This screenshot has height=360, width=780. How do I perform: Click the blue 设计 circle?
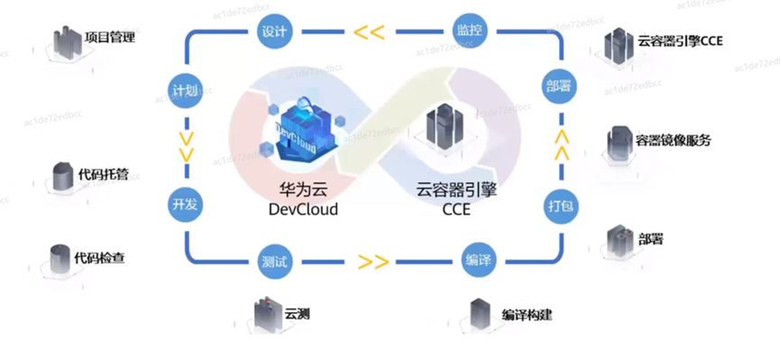pyautogui.click(x=274, y=32)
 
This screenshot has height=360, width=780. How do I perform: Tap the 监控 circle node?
pyautogui.click(x=470, y=32)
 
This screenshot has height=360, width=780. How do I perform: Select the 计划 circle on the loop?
pyautogui.click(x=185, y=91)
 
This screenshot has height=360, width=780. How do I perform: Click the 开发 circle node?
pyautogui.click(x=185, y=205)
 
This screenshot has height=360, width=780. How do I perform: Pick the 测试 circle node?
pyautogui.click(x=274, y=261)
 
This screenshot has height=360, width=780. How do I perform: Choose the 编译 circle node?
pyautogui.click(x=479, y=261)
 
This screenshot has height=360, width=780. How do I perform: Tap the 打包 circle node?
pyautogui.click(x=561, y=205)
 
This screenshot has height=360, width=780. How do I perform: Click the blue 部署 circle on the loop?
pyautogui.click(x=560, y=86)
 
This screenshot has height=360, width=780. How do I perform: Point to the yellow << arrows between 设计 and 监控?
pyautogui.click(x=369, y=32)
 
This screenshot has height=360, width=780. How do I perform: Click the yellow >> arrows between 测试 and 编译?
pyautogui.click(x=373, y=261)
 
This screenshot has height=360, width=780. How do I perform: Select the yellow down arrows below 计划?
pyautogui.click(x=186, y=146)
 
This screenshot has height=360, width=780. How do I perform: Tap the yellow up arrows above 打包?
pyautogui.click(x=562, y=145)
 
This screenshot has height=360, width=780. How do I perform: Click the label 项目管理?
pyautogui.click(x=110, y=37)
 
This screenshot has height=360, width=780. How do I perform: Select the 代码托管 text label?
pyautogui.click(x=104, y=174)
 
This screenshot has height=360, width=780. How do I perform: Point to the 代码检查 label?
pyautogui.click(x=99, y=258)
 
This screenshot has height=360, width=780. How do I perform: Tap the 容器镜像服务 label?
pyautogui.click(x=673, y=141)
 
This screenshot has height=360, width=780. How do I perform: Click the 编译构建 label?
pyautogui.click(x=527, y=315)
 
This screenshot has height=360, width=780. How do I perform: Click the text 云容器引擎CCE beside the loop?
pyautogui.click(x=680, y=41)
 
